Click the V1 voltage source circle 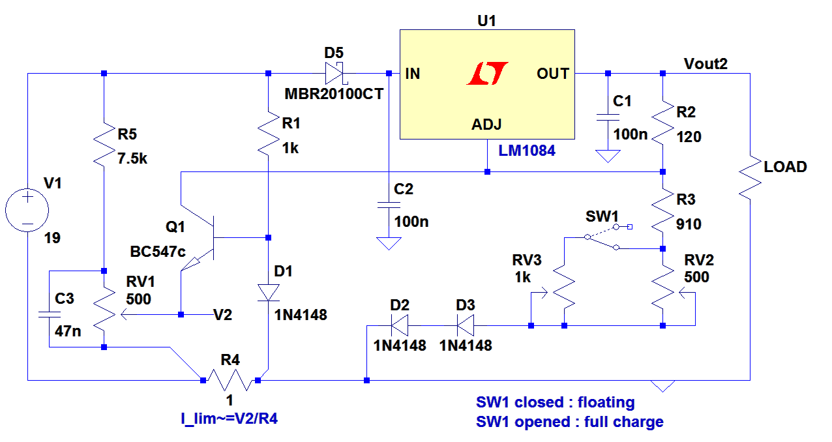(x=27, y=211)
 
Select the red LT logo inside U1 (x=487, y=74)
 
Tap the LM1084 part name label (x=527, y=151)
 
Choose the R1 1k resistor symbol (x=268, y=134)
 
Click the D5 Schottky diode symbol (x=334, y=73)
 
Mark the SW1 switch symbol (x=601, y=237)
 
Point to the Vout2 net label (x=706, y=64)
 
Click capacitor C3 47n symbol (x=50, y=314)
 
